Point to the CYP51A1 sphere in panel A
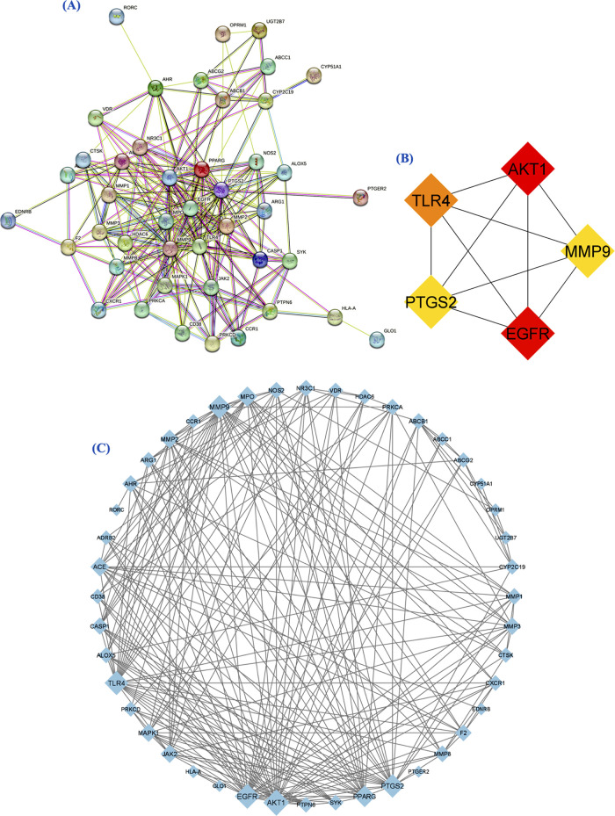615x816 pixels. [314, 75]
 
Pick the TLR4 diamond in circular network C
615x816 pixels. [116, 682]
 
